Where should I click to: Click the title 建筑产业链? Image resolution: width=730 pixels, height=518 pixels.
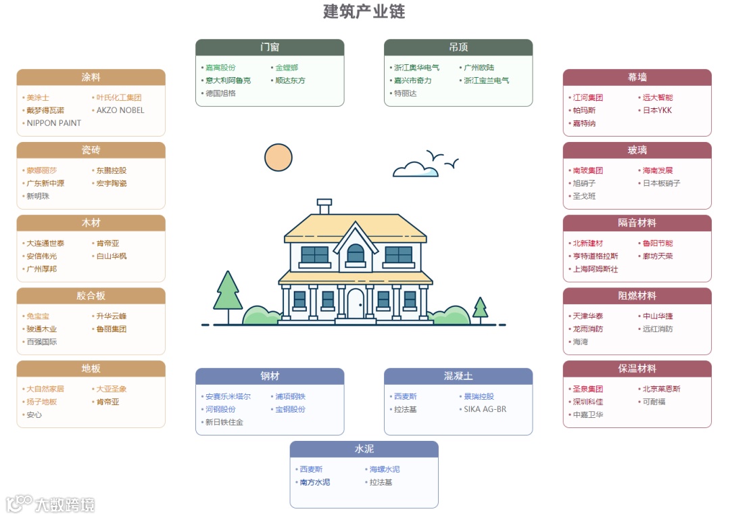364,11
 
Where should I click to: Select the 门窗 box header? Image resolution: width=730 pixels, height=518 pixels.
270,47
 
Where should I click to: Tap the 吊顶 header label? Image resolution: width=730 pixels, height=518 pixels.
458,47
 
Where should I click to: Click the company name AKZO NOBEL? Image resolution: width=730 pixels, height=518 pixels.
120,110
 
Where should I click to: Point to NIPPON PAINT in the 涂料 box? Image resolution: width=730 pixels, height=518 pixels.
53,123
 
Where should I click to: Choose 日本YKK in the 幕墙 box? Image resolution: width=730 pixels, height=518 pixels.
657,110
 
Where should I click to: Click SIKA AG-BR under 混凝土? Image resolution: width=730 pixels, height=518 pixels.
485,409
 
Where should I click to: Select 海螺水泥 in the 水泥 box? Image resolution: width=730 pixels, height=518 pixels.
384,469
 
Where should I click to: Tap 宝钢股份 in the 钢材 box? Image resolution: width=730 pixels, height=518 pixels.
290,409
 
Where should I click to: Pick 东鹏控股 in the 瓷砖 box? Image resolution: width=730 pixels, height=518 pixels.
112,170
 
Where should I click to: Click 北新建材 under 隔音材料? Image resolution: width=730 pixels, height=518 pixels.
587,243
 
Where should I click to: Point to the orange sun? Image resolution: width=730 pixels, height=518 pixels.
278,157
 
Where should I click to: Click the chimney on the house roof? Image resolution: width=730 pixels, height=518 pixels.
324,206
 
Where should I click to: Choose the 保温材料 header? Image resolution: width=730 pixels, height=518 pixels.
637,369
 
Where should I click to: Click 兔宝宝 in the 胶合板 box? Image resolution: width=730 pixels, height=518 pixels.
38,316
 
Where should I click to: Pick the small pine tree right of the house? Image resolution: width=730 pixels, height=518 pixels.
481,308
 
